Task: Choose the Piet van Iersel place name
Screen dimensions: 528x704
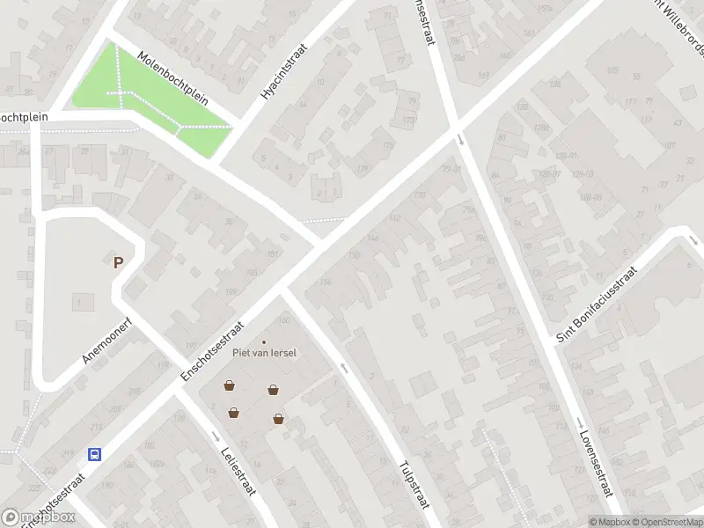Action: (264, 353)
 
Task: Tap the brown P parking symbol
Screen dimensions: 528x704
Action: (117, 261)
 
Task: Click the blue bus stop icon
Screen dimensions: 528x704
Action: (94, 455)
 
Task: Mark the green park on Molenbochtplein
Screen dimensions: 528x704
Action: (141, 97)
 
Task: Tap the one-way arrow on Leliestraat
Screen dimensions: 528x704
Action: (216, 436)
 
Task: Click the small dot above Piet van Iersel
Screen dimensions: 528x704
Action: (264, 342)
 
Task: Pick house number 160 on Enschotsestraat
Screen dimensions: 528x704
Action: (284, 319)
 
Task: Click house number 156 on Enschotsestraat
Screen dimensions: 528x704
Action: (326, 282)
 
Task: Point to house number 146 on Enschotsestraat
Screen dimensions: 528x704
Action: (372, 238)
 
